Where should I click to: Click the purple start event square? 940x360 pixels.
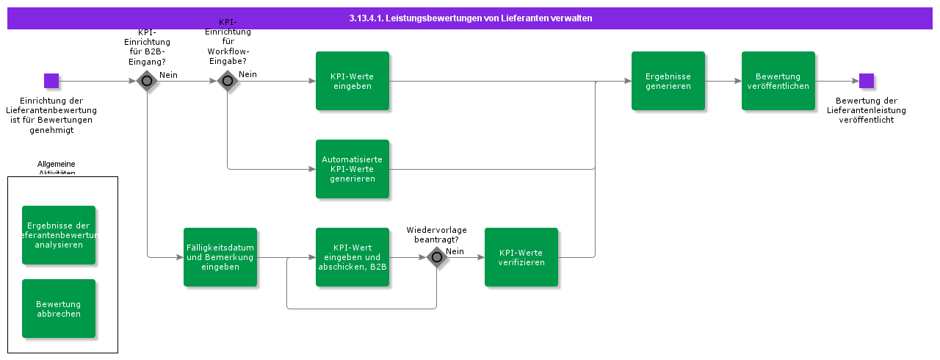[x=51, y=81]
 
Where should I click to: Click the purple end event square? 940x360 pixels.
[x=867, y=81]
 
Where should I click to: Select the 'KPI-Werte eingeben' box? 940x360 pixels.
[x=352, y=81]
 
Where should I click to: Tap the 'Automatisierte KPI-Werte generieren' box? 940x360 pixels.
[x=352, y=169]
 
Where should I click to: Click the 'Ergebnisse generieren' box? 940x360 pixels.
[x=668, y=81]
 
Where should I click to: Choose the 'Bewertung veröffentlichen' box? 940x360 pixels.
[x=778, y=81]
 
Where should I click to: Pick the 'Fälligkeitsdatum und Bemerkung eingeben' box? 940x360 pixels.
[x=220, y=257]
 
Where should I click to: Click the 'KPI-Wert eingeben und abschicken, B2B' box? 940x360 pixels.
[x=352, y=257]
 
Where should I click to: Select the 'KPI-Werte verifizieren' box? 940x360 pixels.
[x=521, y=257]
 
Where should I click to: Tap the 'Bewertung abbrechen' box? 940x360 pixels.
[x=59, y=309]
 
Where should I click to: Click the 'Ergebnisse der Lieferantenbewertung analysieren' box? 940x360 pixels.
[x=59, y=235]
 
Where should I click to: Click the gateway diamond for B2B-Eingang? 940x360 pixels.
[x=147, y=81]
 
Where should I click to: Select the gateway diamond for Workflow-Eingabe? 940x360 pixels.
[x=228, y=81]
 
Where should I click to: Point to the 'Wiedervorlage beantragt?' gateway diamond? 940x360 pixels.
[x=437, y=257]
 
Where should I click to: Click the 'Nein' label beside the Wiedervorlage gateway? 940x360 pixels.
[x=455, y=251]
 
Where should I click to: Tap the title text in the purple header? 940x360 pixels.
[x=471, y=18]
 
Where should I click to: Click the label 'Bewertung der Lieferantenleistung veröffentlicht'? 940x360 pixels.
[x=867, y=110]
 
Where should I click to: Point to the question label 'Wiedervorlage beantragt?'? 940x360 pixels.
[x=437, y=234]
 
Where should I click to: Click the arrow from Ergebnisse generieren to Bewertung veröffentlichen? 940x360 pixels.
[x=723, y=81]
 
